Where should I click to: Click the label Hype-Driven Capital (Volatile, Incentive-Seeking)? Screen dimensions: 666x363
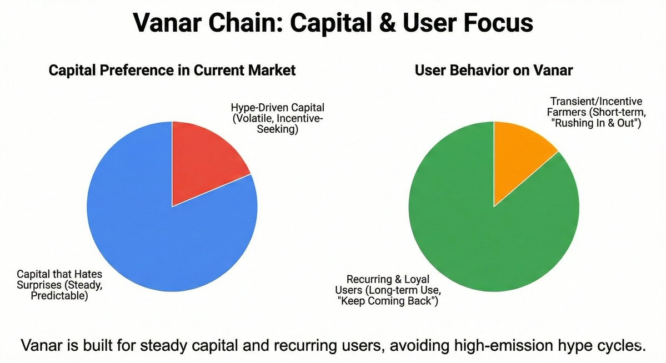pyautogui.click(x=277, y=118)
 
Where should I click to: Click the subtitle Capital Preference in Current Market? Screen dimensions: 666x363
pyautogui.click(x=172, y=70)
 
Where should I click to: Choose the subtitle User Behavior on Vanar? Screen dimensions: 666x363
pyautogui.click(x=494, y=70)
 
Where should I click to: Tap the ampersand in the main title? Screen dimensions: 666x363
pyautogui.click(x=385, y=23)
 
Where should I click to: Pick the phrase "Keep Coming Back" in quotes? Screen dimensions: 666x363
pyautogui.click(x=388, y=301)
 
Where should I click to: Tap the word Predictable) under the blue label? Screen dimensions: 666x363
pyautogui.click(x=59, y=296)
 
